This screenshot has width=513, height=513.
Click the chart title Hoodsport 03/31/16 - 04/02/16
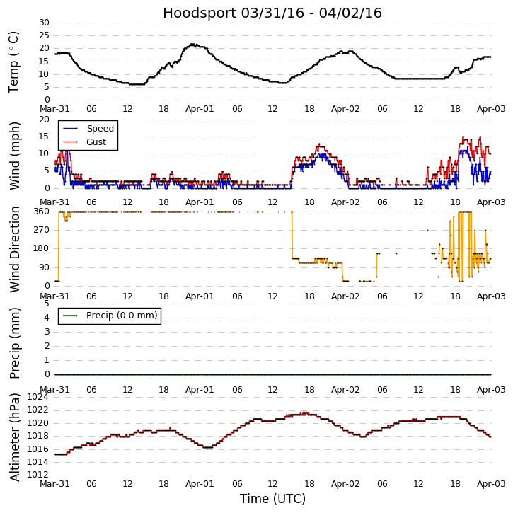(272, 13)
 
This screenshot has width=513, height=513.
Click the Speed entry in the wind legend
(100, 129)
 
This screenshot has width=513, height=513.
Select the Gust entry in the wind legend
(96, 142)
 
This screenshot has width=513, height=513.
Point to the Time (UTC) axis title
(272, 499)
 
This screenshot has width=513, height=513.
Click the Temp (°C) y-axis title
(14, 62)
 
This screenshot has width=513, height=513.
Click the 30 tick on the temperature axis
(43, 23)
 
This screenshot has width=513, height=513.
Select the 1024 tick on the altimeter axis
(38, 397)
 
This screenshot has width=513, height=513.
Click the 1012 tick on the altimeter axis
(38, 475)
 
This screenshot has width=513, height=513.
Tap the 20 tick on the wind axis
(43, 119)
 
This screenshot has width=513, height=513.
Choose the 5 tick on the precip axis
(46, 304)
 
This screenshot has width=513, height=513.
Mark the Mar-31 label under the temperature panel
(54, 110)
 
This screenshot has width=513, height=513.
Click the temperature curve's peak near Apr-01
(192, 45)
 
